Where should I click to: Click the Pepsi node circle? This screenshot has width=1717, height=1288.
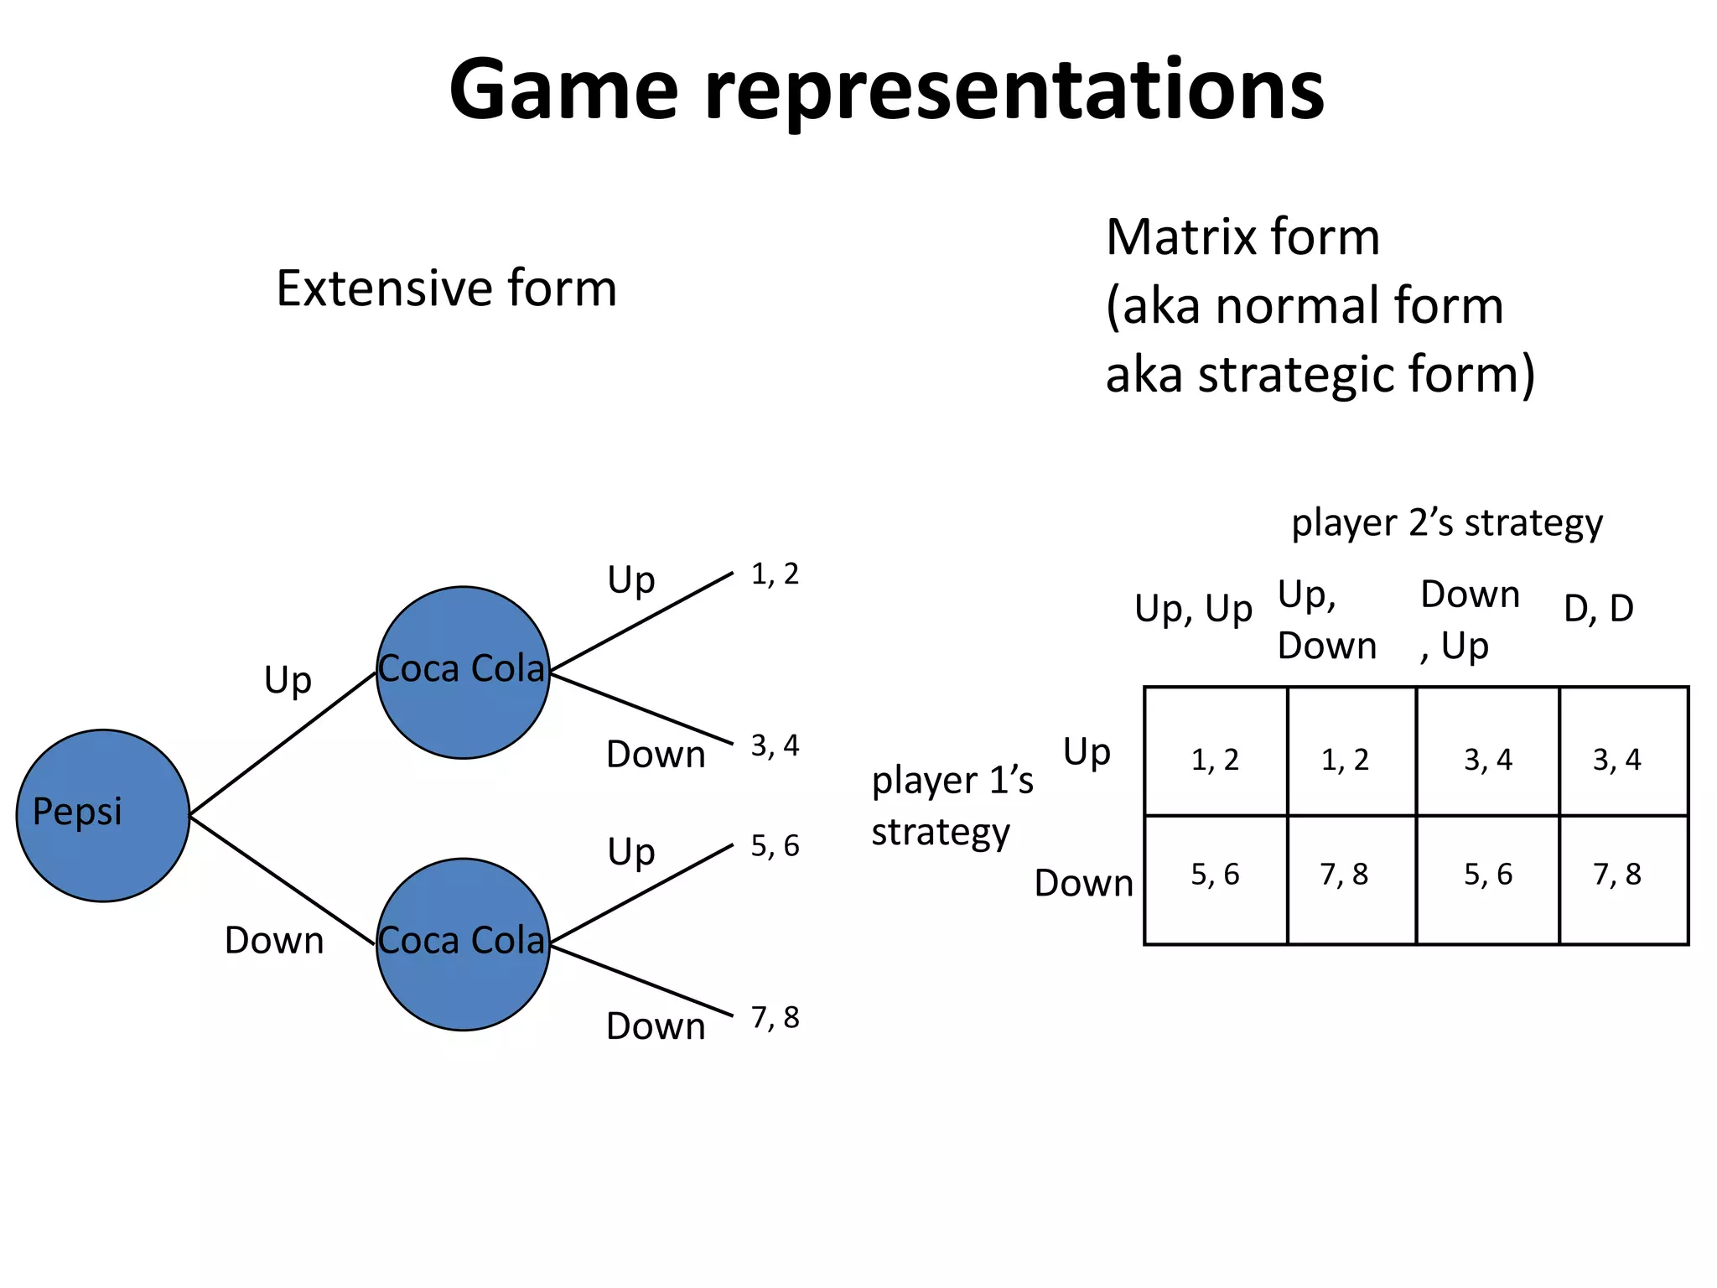tap(102, 815)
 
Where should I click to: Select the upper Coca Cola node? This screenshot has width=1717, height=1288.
tap(463, 672)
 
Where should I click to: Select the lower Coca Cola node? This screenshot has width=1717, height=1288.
tap(463, 943)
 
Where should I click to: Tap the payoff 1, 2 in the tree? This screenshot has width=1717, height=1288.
tap(775, 574)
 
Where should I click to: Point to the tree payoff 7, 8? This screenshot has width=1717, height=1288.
tap(775, 1017)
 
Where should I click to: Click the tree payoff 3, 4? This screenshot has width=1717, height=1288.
tap(775, 745)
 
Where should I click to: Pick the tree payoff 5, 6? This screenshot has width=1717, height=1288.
tap(775, 846)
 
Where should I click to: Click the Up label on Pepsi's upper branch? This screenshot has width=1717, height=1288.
tap(288, 680)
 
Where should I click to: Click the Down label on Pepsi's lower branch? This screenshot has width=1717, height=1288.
tap(274, 941)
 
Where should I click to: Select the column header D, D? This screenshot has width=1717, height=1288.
tap(1599, 609)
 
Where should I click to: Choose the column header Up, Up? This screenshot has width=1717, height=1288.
tap(1193, 609)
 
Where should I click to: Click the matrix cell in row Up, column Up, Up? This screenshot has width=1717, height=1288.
tap(1215, 760)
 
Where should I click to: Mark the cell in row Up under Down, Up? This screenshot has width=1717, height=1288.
tap(1488, 760)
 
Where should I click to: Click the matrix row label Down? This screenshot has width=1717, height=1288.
tap(1083, 884)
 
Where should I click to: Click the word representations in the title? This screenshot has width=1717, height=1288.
tap(1014, 91)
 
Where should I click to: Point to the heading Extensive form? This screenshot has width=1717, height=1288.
tap(446, 288)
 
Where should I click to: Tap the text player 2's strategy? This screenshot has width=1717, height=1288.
tap(1447, 523)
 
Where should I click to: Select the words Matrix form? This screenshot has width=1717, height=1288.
tap(1242, 237)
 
